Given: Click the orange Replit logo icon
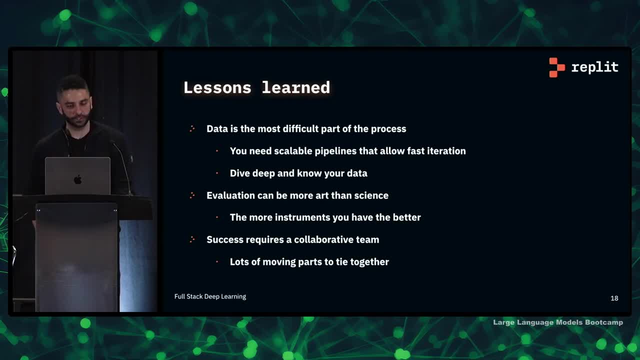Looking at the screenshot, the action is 557,67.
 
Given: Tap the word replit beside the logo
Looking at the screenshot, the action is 594,67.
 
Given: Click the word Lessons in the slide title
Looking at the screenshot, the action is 217,87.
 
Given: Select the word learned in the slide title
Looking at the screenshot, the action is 295,87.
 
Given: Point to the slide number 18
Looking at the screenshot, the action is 614,298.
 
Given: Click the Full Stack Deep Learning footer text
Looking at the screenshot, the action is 210,296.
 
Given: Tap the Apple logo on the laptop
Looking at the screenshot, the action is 77,179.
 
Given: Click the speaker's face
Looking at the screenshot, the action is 75,108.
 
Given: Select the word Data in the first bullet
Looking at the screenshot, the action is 217,129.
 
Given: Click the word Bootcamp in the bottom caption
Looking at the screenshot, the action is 604,322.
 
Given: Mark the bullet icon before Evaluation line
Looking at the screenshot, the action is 192,195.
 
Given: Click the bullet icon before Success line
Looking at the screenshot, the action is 192,239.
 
